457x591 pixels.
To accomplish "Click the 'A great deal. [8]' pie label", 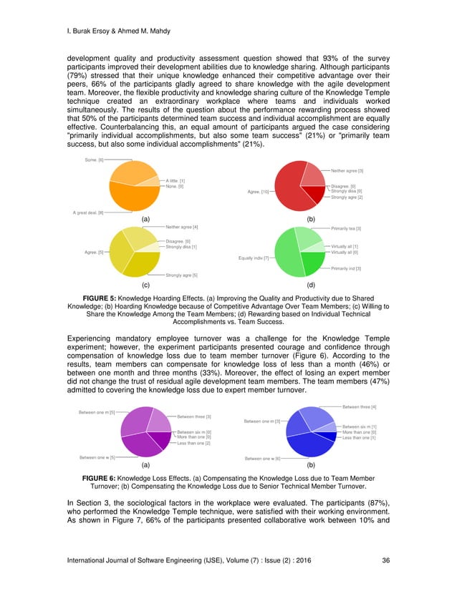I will point(89,213).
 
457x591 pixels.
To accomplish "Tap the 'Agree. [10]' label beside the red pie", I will point(258,192).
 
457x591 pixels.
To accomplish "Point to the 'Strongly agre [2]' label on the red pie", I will point(347,197).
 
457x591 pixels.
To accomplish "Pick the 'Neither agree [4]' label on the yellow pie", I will point(182,227).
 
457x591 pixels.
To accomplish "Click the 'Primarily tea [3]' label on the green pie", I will point(346,229).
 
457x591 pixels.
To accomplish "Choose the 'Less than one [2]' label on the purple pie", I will point(193,444).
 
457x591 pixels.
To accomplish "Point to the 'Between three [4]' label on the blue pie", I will point(360,407).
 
